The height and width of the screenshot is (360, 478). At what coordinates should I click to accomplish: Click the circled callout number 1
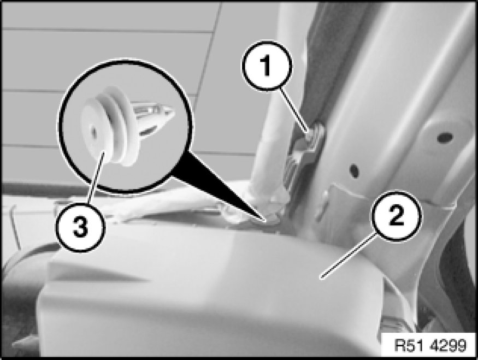[267, 66]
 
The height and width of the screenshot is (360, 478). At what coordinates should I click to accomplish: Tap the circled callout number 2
[396, 216]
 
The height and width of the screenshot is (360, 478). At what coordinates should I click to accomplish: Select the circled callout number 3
[80, 227]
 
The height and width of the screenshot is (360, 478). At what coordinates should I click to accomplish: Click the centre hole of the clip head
[94, 132]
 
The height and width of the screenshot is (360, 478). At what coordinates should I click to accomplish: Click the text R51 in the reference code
[409, 345]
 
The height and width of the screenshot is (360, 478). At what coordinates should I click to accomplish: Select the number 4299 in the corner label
[448, 345]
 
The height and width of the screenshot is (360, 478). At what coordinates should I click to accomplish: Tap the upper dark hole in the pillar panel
[445, 137]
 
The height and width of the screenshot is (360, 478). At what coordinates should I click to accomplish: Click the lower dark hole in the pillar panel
[355, 169]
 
